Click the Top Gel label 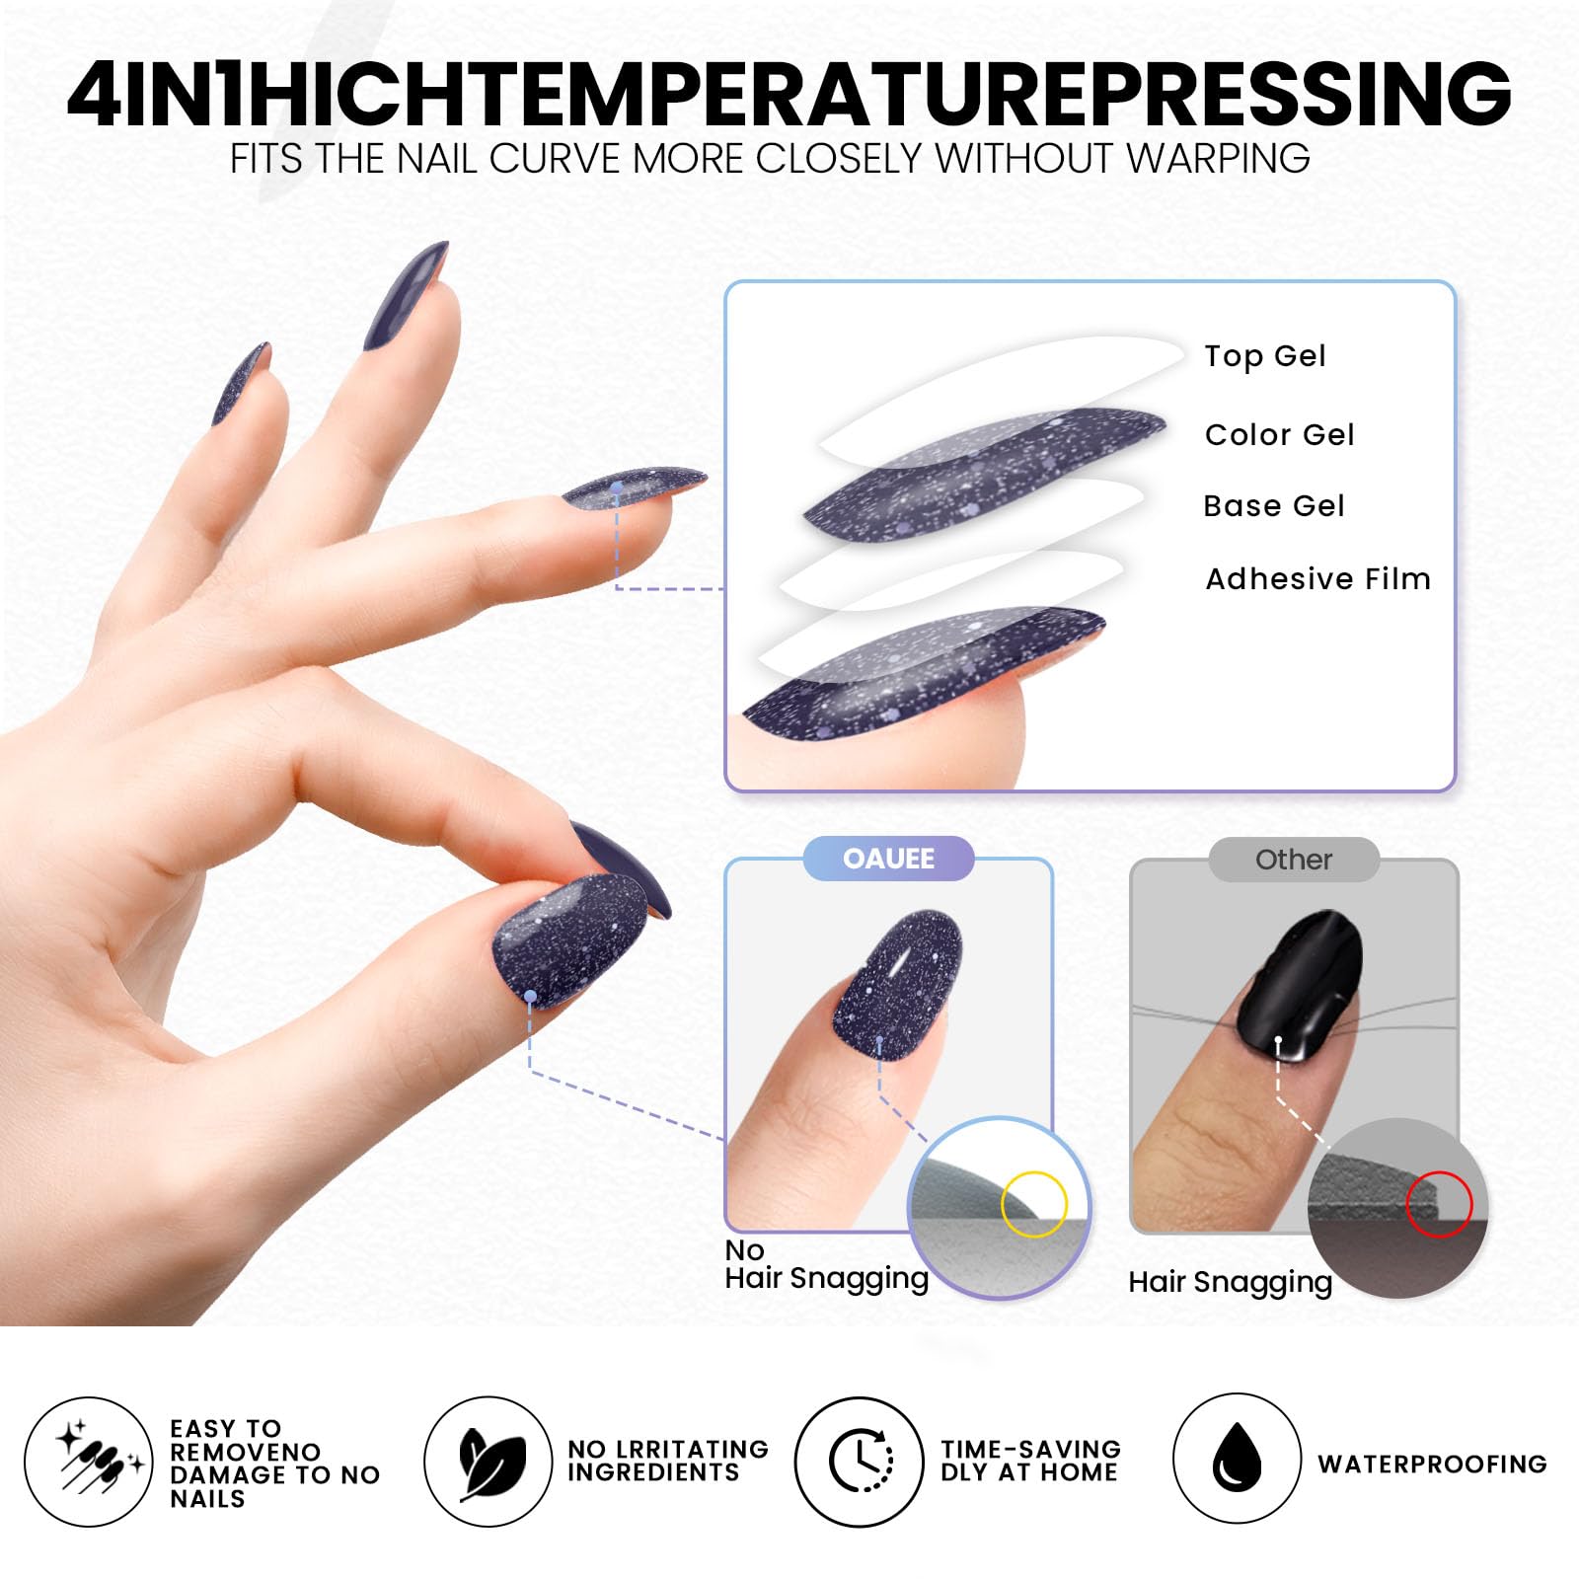coord(1264,356)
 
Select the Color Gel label coord(1279,434)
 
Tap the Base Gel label coord(1273,506)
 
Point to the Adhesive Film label coord(1317,578)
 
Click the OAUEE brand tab coord(888,859)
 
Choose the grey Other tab coord(1293,860)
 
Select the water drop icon coord(1236,1459)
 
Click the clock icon coord(861,1461)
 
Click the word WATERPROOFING coord(1432,1464)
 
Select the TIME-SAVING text coord(1030,1449)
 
